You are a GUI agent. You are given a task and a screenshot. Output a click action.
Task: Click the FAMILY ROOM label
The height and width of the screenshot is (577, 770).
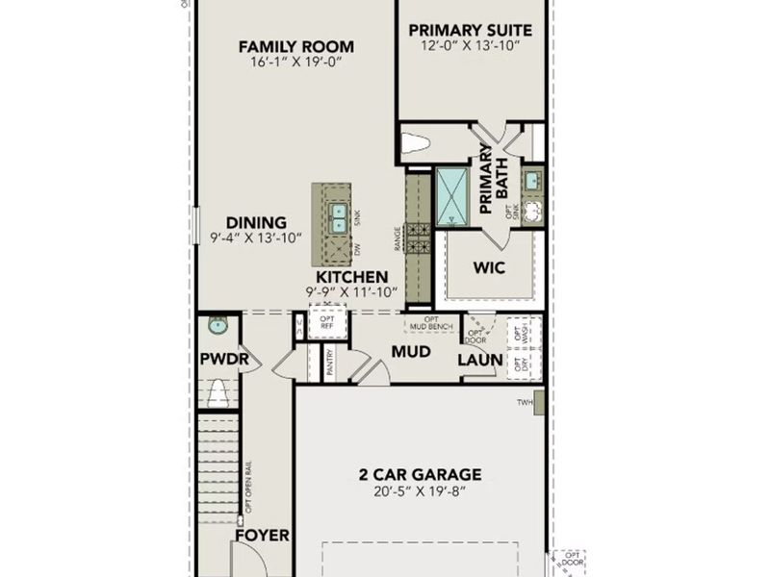pos(295,46)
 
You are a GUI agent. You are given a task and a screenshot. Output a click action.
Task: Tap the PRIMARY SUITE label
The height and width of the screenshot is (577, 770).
pos(471,30)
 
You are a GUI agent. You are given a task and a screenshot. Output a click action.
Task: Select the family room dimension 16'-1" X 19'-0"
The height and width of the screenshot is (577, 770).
pos(295,63)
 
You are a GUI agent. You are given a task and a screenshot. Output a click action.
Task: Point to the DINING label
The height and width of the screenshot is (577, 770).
pos(256,222)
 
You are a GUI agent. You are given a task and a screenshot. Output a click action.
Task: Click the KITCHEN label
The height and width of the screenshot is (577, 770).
pos(352,277)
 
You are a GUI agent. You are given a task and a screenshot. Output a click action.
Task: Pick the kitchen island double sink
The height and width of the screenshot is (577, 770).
pos(338,218)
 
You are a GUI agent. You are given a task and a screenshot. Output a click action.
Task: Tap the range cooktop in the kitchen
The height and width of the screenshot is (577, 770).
pos(418,238)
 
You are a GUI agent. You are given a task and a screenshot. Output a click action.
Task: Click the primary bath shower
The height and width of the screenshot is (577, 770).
pos(451,195)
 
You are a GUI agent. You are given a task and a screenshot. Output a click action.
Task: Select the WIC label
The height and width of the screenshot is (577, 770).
pos(489,267)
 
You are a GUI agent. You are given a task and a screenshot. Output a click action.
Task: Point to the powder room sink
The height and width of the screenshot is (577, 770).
pos(218,326)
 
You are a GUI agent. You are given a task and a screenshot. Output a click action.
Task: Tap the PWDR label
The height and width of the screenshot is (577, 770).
pos(223,360)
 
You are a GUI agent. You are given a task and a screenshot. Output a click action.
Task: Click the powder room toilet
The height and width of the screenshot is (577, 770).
pos(218,392)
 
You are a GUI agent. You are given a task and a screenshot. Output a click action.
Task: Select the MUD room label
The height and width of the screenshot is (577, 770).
pos(410,352)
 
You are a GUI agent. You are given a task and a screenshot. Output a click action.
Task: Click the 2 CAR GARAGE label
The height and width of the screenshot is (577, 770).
pos(420,474)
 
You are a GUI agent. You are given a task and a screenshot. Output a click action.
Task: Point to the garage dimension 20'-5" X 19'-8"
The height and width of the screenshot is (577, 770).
pos(420,490)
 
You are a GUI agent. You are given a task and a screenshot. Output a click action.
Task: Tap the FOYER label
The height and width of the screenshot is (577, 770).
pos(262,535)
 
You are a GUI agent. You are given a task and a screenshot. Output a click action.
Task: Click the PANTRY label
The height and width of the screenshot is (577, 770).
pos(329,364)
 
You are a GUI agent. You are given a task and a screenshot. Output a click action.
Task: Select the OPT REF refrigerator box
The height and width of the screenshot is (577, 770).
pos(326,321)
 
